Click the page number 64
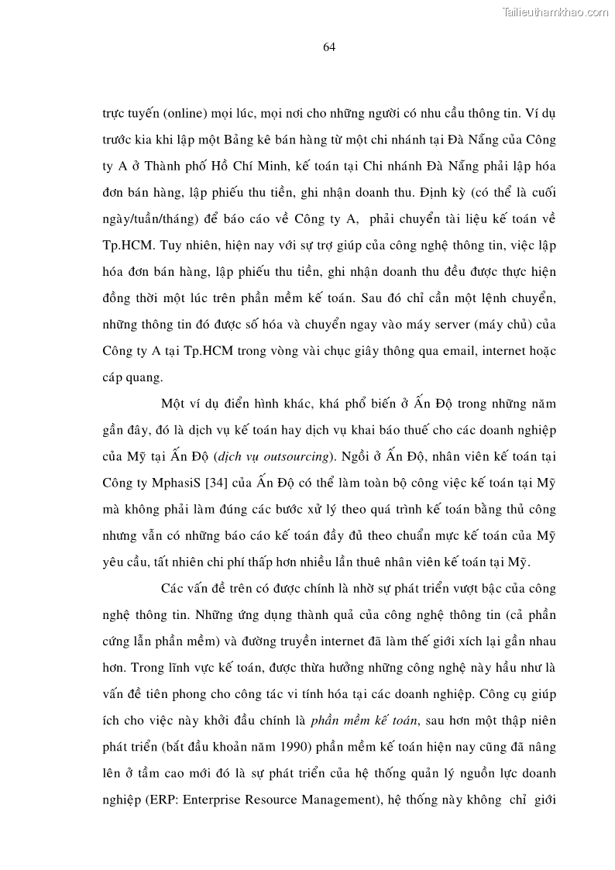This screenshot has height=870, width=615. tap(328, 47)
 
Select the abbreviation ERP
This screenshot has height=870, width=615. tap(162, 802)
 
